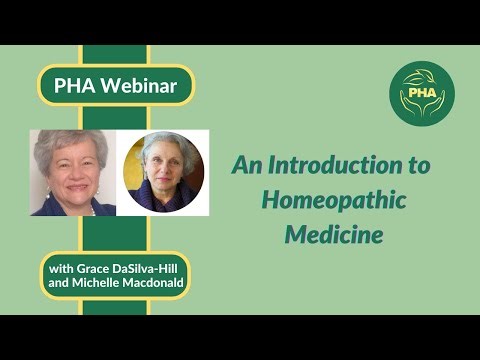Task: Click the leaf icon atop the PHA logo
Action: coord(420,73)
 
